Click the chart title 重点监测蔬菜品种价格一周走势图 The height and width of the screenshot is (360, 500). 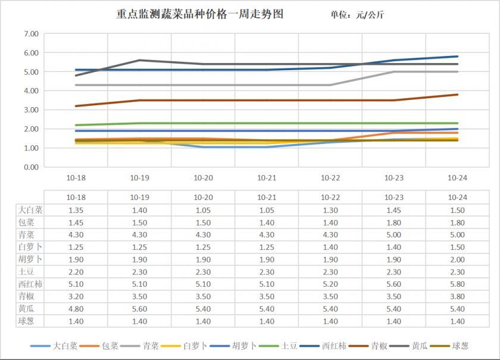pos(199,14)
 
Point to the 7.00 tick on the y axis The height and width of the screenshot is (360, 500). pos(30,34)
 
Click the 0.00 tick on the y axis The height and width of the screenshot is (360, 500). pos(30,167)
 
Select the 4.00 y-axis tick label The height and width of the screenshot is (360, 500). pos(30,91)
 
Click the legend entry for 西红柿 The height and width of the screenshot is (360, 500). pos(330,345)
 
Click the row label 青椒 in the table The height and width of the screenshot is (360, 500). pos(29,296)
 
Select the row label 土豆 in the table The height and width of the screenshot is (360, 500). pos(29,271)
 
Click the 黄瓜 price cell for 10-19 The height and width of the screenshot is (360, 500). pos(139,309)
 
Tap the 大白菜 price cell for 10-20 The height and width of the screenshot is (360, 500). pos(203,210)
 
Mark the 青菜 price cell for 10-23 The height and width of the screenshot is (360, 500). pos(393,234)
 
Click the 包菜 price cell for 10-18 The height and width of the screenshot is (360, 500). pos(76,222)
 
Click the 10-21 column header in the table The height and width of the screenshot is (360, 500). pos(267,197)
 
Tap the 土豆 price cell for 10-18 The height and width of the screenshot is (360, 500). pos(76,271)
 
